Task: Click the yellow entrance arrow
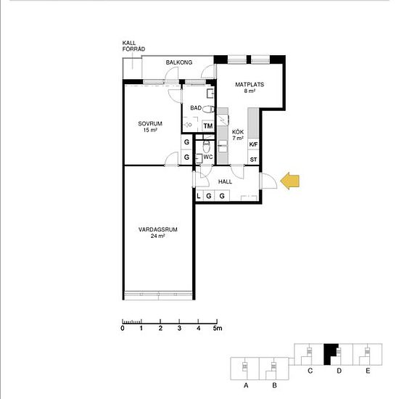(x=290, y=181)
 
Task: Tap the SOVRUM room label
(x=150, y=123)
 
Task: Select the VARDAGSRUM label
(x=157, y=229)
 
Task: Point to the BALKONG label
(x=179, y=62)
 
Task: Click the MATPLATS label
(x=250, y=84)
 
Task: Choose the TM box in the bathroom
(x=208, y=126)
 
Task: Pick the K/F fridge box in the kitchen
(x=253, y=144)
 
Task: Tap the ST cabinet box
(x=253, y=160)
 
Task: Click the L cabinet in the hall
(x=199, y=196)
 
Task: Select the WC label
(x=208, y=157)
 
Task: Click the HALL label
(x=225, y=181)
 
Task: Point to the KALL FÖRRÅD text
(x=133, y=46)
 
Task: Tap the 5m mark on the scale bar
(x=218, y=328)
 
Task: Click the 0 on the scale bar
(x=123, y=328)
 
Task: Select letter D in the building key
(x=339, y=371)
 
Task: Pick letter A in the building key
(x=246, y=385)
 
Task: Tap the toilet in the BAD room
(x=209, y=110)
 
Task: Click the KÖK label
(x=238, y=132)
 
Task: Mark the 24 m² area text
(x=157, y=236)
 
